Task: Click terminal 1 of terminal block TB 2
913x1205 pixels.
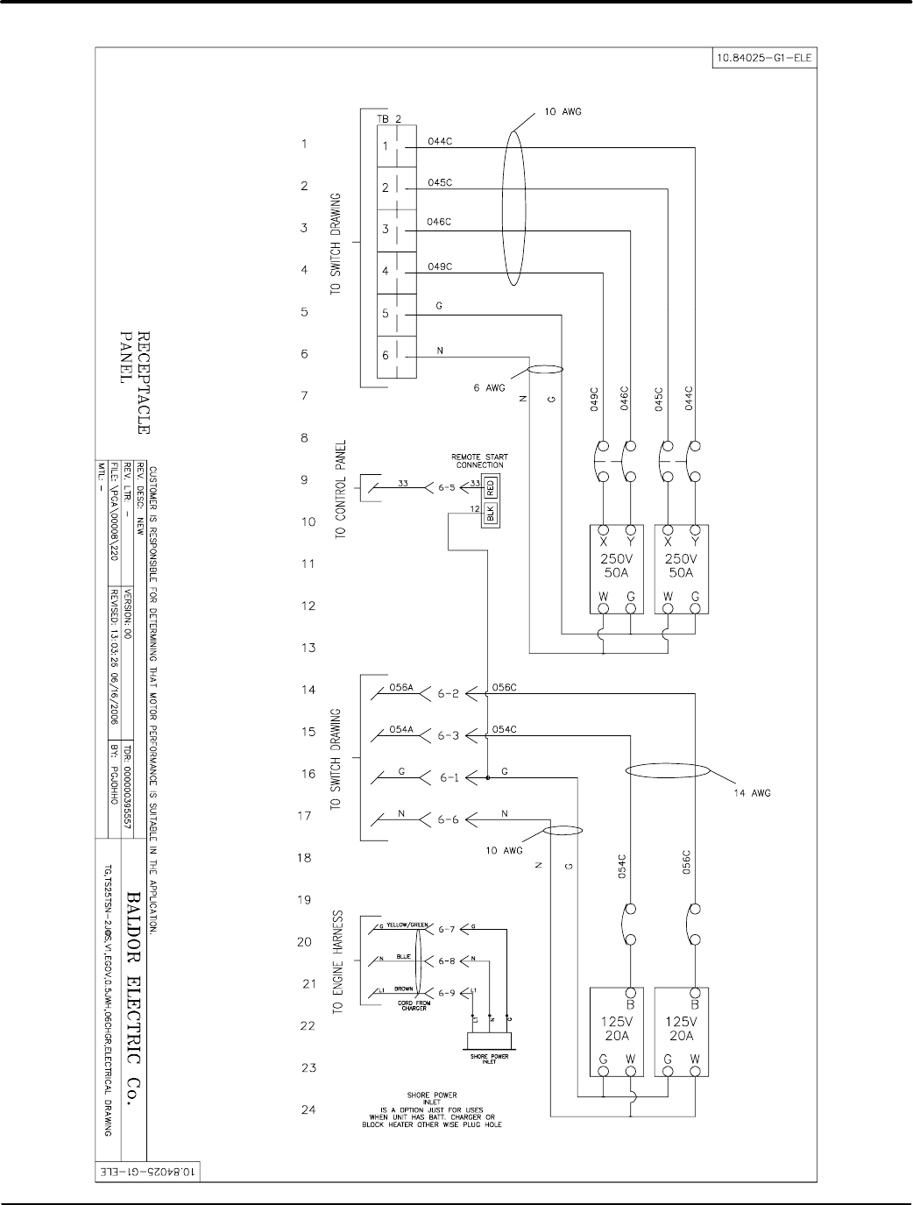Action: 386,145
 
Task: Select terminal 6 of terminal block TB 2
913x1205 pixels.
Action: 386,357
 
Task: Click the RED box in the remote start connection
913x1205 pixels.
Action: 491,486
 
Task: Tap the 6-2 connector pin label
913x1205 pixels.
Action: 449,693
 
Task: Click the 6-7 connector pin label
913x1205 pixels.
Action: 447,929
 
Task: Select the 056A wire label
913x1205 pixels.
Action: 401,689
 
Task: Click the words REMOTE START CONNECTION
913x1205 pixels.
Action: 479,460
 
